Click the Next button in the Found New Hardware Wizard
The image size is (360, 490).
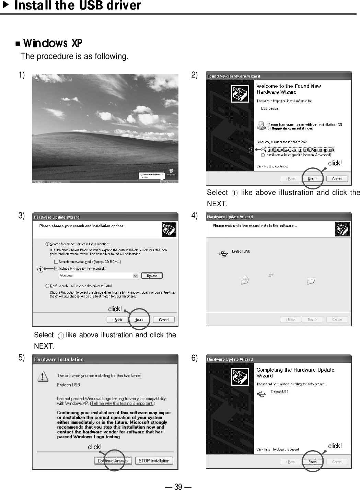pos(312,179)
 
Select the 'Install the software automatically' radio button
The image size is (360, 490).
pos(263,150)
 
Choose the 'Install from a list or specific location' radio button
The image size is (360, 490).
pos(263,155)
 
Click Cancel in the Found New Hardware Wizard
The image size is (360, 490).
pos(337,179)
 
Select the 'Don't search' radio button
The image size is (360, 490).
pos(47,286)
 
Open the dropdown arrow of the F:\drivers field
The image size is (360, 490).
pos(135,276)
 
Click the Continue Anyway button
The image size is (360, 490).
pos(113,461)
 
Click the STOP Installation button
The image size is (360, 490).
pos(154,461)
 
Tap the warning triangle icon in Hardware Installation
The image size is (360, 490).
pos(42,377)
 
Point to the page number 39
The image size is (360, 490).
pos(178,486)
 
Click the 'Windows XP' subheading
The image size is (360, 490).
pos(53,43)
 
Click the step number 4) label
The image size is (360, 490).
pos(195,216)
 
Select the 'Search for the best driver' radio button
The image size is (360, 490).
pos(47,244)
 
